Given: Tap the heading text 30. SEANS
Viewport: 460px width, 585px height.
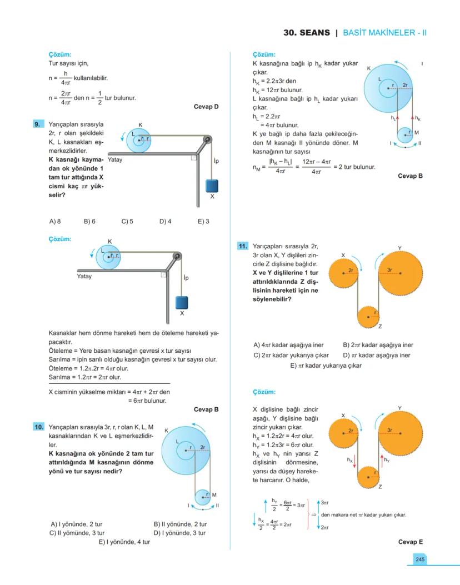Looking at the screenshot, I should (306, 33).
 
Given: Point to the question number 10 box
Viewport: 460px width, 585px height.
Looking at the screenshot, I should (39, 427).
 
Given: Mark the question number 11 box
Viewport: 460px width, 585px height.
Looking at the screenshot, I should (242, 246).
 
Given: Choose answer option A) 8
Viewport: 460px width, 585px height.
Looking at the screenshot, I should (55, 221).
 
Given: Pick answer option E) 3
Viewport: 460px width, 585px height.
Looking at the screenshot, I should (203, 221).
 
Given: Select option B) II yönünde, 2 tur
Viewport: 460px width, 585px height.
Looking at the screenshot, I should (180, 524).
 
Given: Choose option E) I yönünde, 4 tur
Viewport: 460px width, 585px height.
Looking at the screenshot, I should (124, 542).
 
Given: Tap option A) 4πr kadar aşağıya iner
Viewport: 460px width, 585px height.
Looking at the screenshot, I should (288, 344).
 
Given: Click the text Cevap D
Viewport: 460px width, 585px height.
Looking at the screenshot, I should (206, 106).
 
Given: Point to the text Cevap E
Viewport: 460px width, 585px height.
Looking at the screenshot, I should (411, 542).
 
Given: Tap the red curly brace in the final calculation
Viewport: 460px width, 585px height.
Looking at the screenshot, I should (308, 514).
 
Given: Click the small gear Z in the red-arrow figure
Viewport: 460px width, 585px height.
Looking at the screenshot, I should (367, 477).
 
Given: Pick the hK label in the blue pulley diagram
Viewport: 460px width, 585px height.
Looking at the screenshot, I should (418, 118).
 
